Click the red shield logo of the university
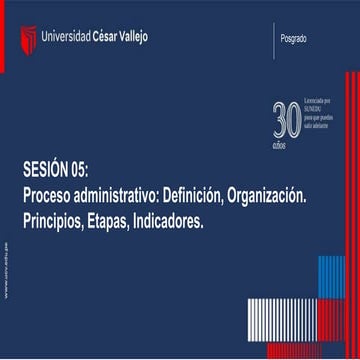(28, 39)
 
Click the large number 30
(286, 119)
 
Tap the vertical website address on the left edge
(8, 270)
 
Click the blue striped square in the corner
(331, 277)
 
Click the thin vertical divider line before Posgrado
(274, 39)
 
